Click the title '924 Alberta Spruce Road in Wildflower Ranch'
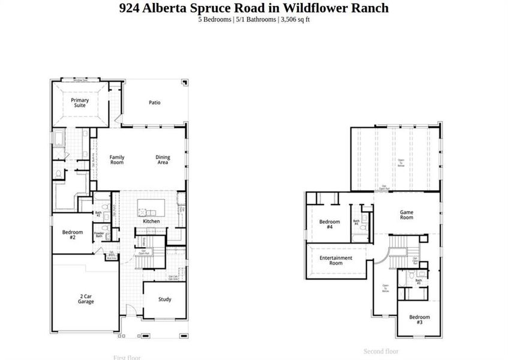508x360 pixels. point(254,8)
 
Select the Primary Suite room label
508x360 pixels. point(80,103)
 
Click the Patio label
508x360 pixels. point(155,103)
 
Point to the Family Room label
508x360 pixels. point(117,160)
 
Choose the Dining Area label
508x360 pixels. point(163,160)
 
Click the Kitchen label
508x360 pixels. point(151,221)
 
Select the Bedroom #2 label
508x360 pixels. point(68,235)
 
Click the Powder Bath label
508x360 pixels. point(99,235)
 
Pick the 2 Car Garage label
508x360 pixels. point(86,299)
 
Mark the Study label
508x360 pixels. point(165,299)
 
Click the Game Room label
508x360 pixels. point(407,214)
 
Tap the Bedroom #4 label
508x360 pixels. point(329,224)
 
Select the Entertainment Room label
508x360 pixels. point(335,260)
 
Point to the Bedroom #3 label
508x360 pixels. point(420,319)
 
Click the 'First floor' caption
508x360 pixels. point(127,358)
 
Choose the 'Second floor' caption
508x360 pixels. point(381,352)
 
